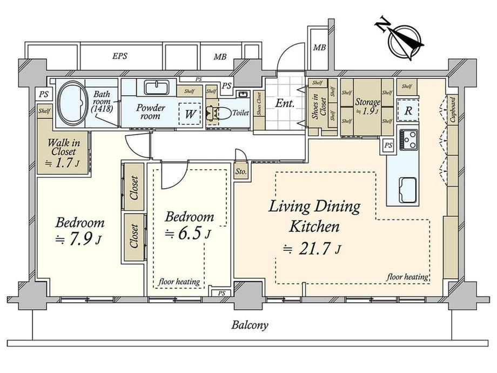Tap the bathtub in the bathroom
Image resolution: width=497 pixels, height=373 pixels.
73,103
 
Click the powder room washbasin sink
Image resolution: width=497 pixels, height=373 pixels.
156,87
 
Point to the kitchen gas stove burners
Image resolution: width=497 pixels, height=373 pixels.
409,139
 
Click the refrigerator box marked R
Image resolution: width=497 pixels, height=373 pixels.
408,111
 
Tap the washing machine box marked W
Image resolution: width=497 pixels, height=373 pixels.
190,114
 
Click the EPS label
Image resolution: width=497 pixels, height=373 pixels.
120,56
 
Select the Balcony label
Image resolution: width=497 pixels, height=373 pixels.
250,325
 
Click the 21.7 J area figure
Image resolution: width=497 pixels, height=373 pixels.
313,249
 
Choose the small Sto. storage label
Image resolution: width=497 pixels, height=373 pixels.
241,171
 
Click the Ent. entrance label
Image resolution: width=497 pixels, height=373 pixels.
285,103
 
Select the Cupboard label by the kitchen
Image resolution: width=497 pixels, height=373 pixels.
453,109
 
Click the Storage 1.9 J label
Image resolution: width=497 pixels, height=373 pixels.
367,106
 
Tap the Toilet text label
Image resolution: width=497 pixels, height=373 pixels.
240,112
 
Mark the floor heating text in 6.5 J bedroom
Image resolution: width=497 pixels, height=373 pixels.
179,281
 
